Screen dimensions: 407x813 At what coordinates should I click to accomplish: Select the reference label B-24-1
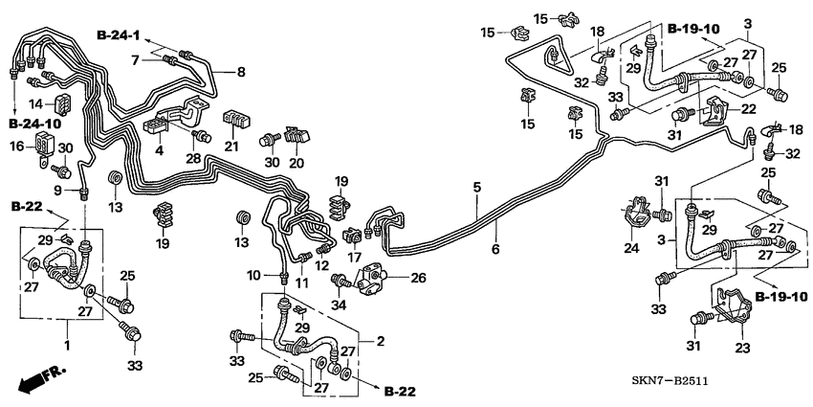118,35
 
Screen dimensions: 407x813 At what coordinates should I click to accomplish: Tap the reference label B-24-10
34,124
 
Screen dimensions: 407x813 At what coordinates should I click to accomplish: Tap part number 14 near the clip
36,102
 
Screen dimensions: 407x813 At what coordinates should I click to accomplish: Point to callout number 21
231,146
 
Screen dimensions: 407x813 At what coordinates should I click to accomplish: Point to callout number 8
240,71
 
